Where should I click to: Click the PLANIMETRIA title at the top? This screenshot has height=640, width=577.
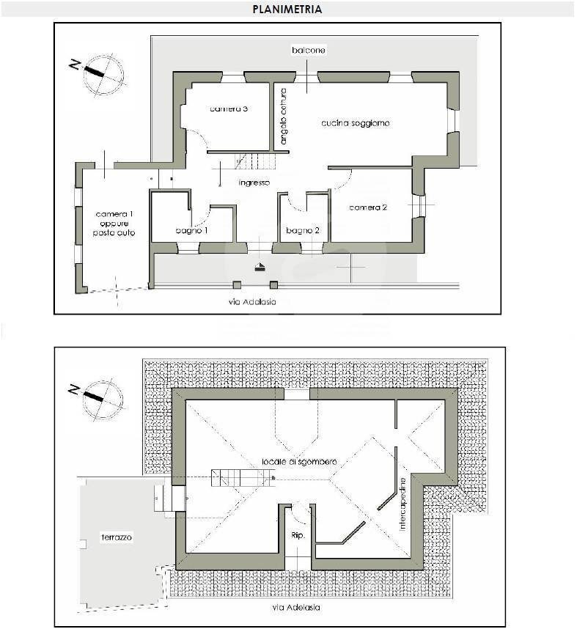(x=287, y=10)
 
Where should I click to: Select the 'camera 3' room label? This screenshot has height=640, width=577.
(x=228, y=109)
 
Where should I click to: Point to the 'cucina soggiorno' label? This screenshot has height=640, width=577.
(x=355, y=123)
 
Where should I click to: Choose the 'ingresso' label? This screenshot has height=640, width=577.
(x=254, y=183)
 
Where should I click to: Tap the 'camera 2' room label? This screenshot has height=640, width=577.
(x=367, y=207)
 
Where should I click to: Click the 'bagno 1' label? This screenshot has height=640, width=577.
(x=192, y=231)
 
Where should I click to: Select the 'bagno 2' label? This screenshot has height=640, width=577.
(x=303, y=231)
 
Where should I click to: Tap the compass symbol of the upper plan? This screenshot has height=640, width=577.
(x=101, y=74)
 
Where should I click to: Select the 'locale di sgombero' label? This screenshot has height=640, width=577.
(x=299, y=462)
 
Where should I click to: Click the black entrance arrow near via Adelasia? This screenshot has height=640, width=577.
(x=260, y=268)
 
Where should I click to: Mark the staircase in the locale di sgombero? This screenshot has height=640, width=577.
(x=242, y=478)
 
